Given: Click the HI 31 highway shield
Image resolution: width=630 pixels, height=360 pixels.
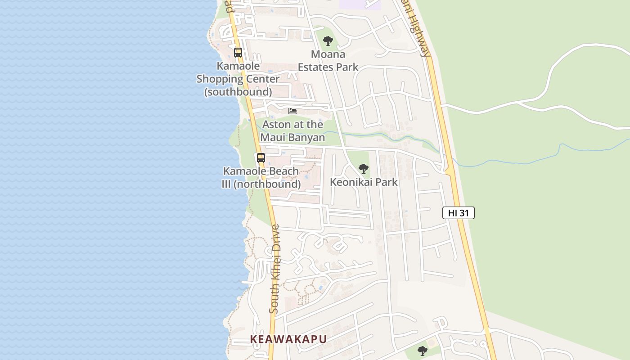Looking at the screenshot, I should (458, 213).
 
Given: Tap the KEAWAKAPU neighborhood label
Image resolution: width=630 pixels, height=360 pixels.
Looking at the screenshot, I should (288, 339).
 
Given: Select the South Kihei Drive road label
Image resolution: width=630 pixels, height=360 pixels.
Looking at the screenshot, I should (274, 269).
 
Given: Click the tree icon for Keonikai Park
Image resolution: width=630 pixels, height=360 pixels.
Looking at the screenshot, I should (363, 169).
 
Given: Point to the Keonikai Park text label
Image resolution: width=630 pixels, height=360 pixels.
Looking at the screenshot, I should (364, 182).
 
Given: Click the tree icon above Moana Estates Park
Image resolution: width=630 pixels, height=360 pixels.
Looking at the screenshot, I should (328, 41).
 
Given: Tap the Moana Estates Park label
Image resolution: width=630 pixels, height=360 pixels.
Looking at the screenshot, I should (328, 61).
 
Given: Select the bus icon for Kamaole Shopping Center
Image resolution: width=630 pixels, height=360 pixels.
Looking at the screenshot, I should (238, 53).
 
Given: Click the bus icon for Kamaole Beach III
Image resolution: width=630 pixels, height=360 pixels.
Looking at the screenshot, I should (261, 158).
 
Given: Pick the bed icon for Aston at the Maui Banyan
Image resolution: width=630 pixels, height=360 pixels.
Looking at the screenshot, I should (292, 111).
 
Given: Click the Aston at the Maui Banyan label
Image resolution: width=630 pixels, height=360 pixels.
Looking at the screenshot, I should (293, 131).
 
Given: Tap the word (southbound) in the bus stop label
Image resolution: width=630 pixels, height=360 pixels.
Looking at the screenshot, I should (238, 92).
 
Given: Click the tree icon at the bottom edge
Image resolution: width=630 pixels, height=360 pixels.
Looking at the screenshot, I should (422, 351).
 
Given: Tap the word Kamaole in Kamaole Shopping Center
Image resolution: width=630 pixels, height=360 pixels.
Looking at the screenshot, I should (238, 66).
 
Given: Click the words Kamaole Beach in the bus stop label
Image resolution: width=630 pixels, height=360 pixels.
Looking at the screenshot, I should (261, 171).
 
